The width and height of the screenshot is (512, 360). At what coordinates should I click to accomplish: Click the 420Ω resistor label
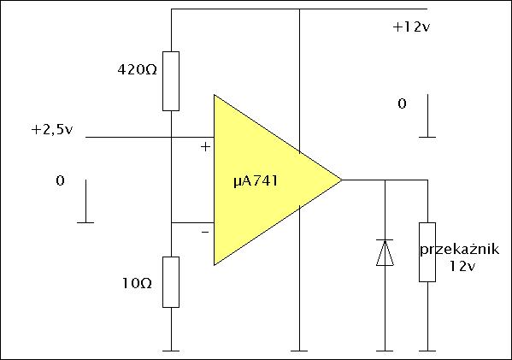click(x=137, y=69)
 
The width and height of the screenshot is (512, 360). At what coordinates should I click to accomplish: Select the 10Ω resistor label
click(x=137, y=283)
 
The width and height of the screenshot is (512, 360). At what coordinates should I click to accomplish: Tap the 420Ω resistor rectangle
click(x=171, y=81)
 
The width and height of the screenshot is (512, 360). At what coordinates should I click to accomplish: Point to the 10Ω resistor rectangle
click(x=171, y=282)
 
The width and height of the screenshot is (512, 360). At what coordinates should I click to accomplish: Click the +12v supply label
click(x=411, y=27)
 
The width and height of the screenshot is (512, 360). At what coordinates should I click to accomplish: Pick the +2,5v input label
click(x=52, y=130)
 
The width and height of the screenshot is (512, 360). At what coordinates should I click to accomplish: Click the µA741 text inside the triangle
click(x=256, y=181)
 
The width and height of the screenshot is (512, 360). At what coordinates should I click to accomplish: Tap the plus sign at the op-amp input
click(x=205, y=147)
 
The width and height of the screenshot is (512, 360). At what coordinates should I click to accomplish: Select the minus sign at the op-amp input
click(x=205, y=232)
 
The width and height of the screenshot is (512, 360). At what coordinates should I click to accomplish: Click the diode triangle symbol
click(x=385, y=253)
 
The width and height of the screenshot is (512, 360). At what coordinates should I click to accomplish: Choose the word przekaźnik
click(x=459, y=250)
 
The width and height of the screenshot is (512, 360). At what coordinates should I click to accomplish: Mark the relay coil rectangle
click(x=427, y=252)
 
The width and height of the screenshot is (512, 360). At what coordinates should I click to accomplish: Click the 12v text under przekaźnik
click(x=462, y=266)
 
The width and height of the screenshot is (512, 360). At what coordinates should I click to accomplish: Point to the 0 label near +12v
click(x=402, y=103)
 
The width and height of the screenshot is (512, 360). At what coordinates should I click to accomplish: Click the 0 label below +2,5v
click(x=60, y=180)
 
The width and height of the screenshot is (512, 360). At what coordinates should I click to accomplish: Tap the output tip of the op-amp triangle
click(x=342, y=180)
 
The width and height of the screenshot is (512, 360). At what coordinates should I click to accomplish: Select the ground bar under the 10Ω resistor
click(x=171, y=351)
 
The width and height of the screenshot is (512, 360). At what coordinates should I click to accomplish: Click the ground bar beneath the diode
click(x=385, y=351)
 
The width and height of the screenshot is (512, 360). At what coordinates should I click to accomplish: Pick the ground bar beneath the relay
click(x=427, y=351)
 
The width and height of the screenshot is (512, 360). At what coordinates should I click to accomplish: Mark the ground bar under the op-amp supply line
click(x=299, y=351)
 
